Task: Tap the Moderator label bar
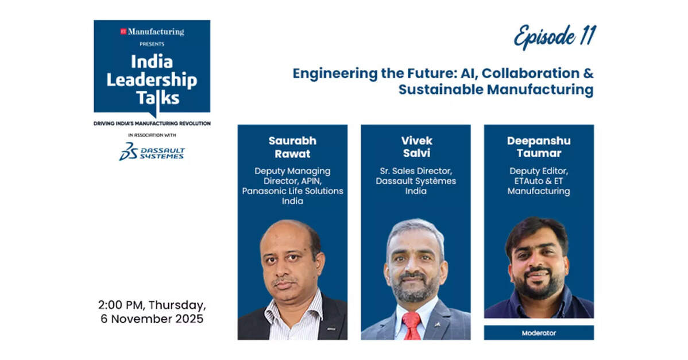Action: pyautogui.click(x=539, y=332)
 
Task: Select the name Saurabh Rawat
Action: pyautogui.click(x=292, y=146)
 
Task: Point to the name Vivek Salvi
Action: pyautogui.click(x=416, y=146)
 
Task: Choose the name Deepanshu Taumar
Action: pyautogui.click(x=539, y=146)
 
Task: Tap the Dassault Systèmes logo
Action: pyautogui.click(x=152, y=151)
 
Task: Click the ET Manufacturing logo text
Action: pyautogui.click(x=152, y=32)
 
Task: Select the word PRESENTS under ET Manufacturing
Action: pyautogui.click(x=152, y=44)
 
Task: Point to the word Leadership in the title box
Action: pyautogui.click(x=152, y=80)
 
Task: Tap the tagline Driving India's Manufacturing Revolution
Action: pyautogui.click(x=152, y=123)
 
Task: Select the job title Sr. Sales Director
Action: pyautogui.click(x=416, y=171)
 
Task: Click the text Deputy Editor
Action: pyautogui.click(x=539, y=171)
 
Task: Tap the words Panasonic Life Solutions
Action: pyautogui.click(x=292, y=191)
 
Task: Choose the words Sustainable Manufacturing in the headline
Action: pyautogui.click(x=495, y=90)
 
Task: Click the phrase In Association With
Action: pyautogui.click(x=152, y=136)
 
